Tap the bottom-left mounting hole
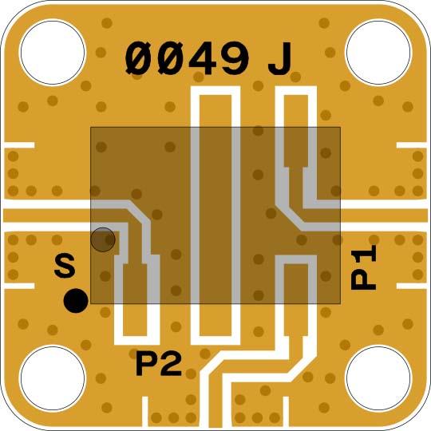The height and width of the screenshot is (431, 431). pyautogui.click(x=53, y=378)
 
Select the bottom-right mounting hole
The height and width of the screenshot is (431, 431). pyautogui.click(x=378, y=378)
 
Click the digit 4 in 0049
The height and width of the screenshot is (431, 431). pyautogui.click(x=200, y=58)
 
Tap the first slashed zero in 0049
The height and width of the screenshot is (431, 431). pyautogui.click(x=139, y=58)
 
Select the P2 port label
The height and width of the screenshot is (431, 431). pyautogui.click(x=159, y=364)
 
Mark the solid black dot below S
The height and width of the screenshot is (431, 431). pyautogui.click(x=76, y=300)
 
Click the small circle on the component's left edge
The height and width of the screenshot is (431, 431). pyautogui.click(x=103, y=239)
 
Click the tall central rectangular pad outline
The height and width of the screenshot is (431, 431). pyautogui.click(x=215, y=215)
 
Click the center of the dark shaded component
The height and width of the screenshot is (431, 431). pyautogui.click(x=215, y=215)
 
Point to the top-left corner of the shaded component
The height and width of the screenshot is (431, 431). pyautogui.click(x=90, y=128)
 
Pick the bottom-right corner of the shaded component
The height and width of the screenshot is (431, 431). pyautogui.click(x=341, y=304)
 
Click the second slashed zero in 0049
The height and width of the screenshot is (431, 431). pyautogui.click(x=169, y=58)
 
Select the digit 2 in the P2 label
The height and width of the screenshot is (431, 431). pyautogui.click(x=171, y=364)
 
